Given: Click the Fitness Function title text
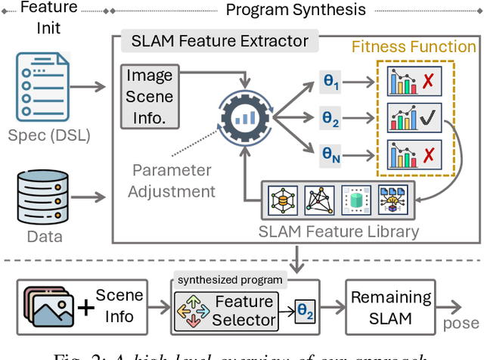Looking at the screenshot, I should point(413,47).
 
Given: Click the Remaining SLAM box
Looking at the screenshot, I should point(391,307).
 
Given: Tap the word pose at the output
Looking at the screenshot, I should point(461,323).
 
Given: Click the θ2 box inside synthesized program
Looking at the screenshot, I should point(303,311).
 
